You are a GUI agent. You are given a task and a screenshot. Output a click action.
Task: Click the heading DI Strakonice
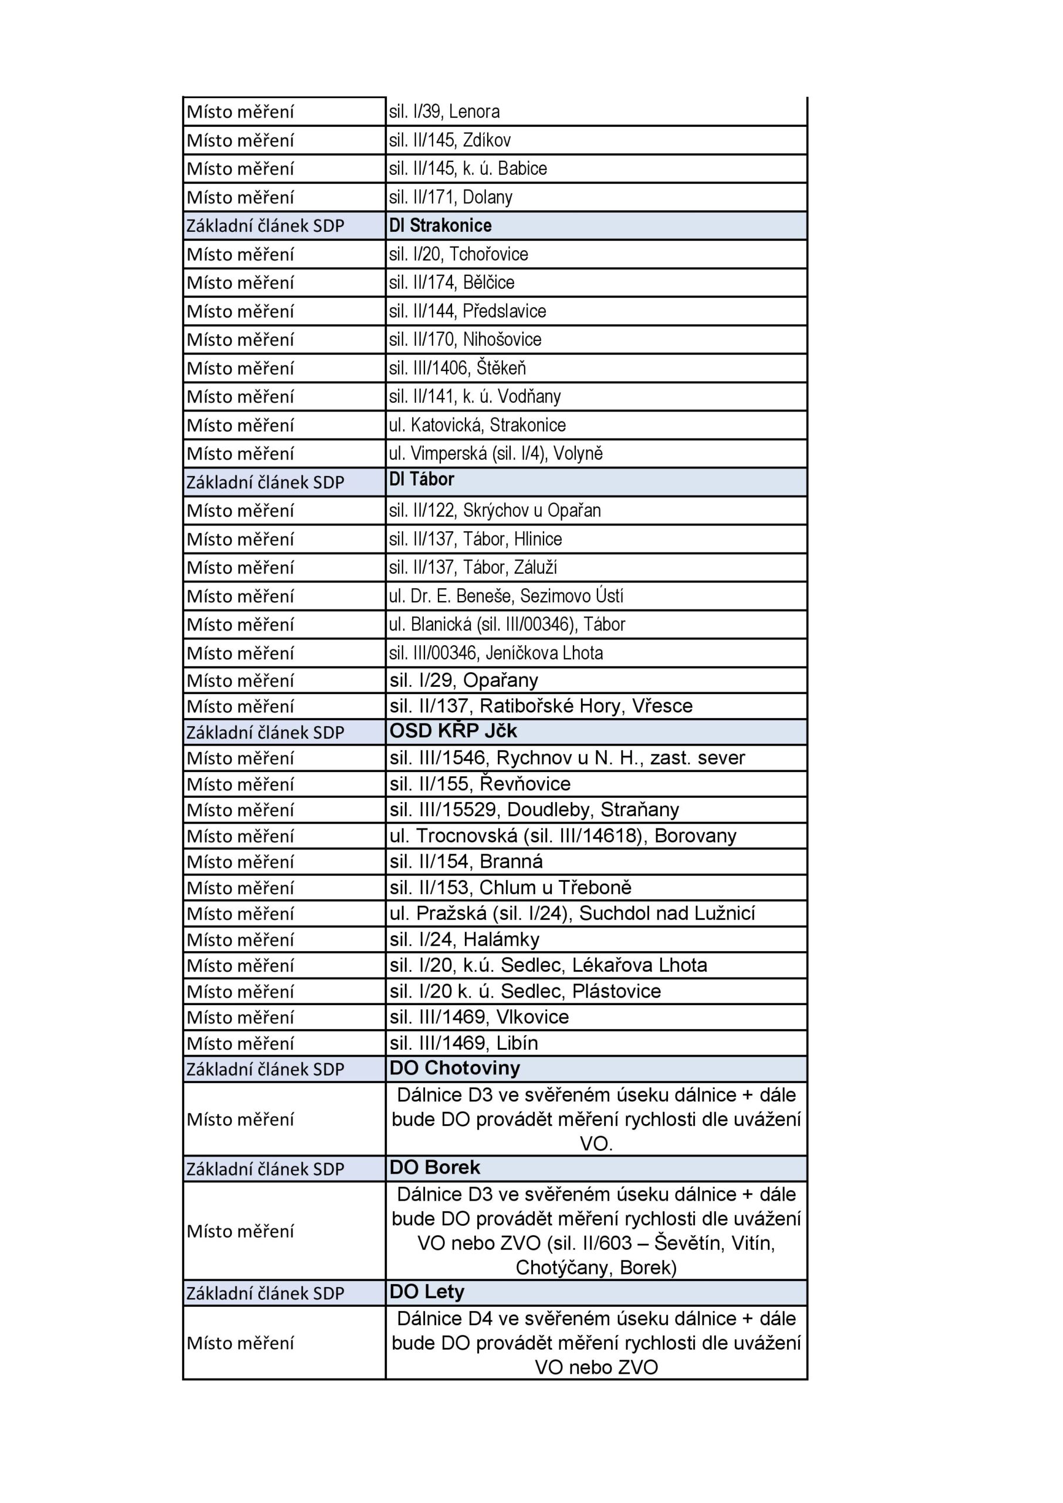click(440, 225)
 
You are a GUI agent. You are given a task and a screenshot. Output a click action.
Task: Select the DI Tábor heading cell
click(421, 479)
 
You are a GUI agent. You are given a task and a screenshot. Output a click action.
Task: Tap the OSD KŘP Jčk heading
click(453, 730)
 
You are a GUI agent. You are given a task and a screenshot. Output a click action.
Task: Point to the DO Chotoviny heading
click(454, 1068)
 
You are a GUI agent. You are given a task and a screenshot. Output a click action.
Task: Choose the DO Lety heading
click(427, 1292)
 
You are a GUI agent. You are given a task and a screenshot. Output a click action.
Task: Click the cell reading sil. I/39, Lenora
click(444, 112)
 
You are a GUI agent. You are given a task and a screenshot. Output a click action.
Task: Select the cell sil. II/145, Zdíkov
click(450, 140)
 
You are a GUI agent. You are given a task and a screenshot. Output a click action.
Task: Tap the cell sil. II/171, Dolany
click(450, 197)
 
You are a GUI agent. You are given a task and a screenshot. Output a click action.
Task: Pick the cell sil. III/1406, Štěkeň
click(457, 368)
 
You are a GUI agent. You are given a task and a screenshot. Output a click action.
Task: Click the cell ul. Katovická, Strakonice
click(477, 425)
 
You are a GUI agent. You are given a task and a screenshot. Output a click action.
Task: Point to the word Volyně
click(578, 453)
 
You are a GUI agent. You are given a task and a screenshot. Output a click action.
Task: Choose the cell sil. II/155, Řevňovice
click(480, 784)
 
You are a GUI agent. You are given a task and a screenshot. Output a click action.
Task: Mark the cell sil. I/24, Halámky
click(465, 939)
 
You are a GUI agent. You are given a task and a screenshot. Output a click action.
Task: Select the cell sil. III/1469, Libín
click(464, 1043)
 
